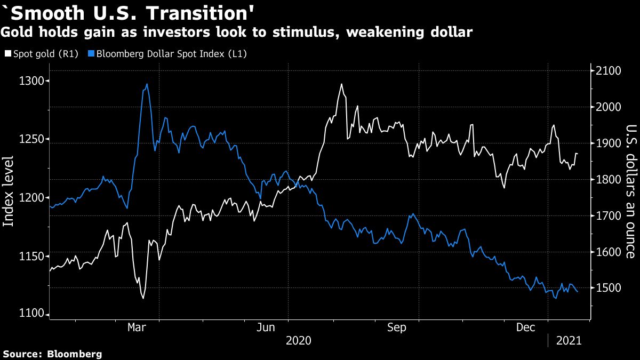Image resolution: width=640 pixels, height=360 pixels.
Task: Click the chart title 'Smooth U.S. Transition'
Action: pyautogui.click(x=115, y=12)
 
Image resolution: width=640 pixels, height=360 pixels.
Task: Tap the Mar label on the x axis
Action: pyautogui.click(x=137, y=328)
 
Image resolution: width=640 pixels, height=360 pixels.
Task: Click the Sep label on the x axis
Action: pyautogui.click(x=397, y=328)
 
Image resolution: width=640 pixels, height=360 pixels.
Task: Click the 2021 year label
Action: pyautogui.click(x=569, y=340)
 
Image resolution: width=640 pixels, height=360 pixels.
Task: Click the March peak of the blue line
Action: pyautogui.click(x=147, y=84)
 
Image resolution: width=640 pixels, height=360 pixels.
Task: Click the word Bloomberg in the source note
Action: pyautogui.click(x=75, y=354)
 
